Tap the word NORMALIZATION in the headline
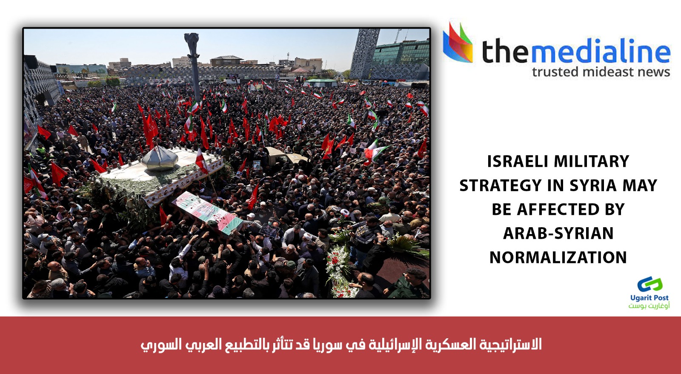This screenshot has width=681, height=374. point(558,257)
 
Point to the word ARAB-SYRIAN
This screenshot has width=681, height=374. point(558,233)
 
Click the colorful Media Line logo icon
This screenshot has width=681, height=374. point(458,43)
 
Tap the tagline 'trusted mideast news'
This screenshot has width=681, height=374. point(601,72)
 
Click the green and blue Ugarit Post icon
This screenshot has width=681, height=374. point(650,284)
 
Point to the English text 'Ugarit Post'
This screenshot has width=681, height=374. point(650,298)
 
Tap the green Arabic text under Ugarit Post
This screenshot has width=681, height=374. point(649,305)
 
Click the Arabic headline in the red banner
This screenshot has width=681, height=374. point(341,345)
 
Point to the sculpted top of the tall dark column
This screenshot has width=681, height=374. point(192,43)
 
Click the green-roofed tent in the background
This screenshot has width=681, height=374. point(321,83)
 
